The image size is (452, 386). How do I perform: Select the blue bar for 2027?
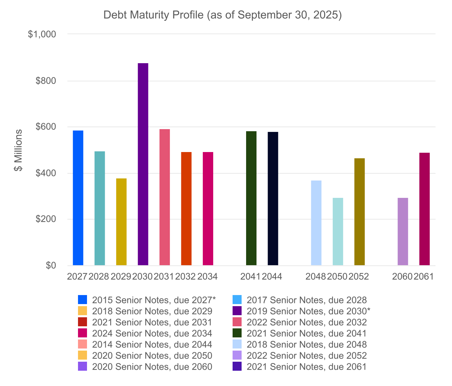tap(78, 198)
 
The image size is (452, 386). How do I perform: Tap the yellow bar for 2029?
tap(121, 222)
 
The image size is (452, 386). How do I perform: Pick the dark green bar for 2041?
tap(251, 198)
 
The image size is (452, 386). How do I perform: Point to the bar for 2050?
tap(338, 232)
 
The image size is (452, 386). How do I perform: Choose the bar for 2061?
tap(424, 209)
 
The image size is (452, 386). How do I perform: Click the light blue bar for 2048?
tap(316, 223)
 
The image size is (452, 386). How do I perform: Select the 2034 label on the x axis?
tap(207, 277)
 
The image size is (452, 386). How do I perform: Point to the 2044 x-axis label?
tap(272, 277)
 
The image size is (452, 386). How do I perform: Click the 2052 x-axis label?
tap(358, 277)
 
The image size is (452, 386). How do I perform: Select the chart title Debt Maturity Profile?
tap(223, 15)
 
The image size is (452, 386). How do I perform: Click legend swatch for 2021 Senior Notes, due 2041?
tap(237, 333)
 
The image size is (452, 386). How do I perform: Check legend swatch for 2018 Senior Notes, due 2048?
tap(237, 344)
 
